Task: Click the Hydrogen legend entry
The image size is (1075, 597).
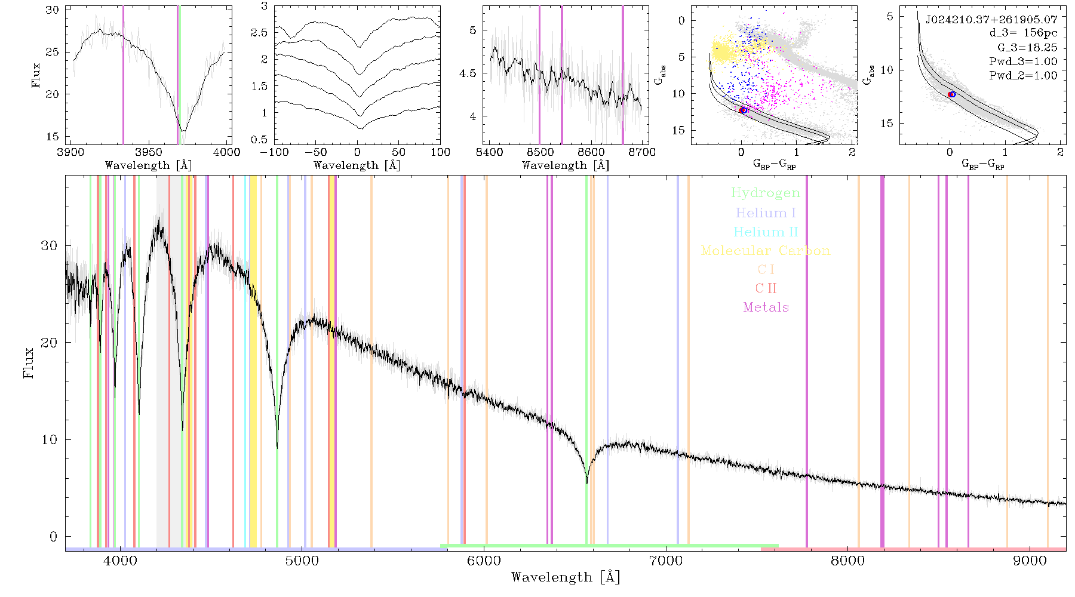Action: point(766,193)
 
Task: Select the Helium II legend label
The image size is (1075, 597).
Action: point(766,232)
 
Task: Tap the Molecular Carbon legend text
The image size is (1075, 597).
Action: point(766,251)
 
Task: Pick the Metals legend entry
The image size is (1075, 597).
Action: point(766,307)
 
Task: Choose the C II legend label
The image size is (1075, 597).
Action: point(766,288)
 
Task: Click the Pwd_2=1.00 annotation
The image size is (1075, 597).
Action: point(1023,75)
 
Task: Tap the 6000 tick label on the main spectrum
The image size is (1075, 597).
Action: point(484,561)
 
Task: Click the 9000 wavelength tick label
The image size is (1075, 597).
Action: point(1030,561)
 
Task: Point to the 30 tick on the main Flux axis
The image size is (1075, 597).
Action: point(49,246)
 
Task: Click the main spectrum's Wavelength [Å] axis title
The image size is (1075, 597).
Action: point(566,577)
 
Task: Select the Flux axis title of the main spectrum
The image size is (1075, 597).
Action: point(28,362)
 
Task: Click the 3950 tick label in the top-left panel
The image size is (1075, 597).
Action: point(148,152)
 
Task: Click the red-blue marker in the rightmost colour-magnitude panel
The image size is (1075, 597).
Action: point(951,94)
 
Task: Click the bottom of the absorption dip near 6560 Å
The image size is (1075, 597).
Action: point(587,482)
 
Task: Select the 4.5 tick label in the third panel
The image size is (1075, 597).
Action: point(468,73)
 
